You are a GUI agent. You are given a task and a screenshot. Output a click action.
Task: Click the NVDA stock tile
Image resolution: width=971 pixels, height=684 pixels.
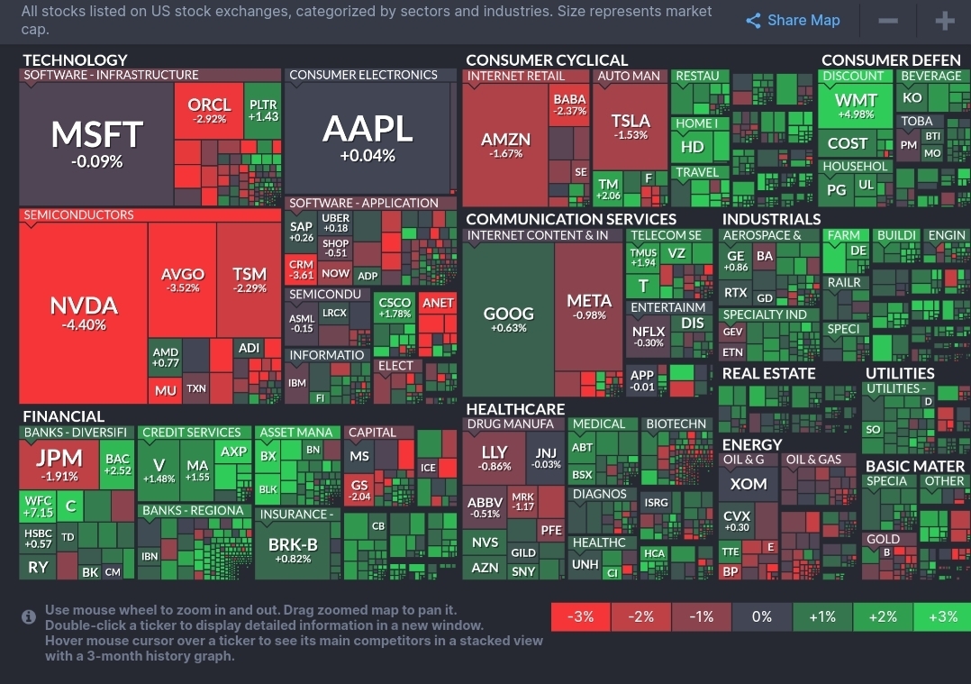click(x=83, y=311)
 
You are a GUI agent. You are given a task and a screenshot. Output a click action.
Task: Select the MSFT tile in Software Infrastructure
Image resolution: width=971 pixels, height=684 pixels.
click(x=96, y=142)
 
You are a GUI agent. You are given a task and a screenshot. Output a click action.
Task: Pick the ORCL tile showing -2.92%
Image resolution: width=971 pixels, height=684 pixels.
click(x=209, y=110)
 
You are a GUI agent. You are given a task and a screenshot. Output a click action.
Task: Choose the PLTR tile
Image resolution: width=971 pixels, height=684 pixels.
click(x=263, y=110)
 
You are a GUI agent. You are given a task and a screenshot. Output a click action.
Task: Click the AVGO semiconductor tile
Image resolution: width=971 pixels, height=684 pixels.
click(x=182, y=279)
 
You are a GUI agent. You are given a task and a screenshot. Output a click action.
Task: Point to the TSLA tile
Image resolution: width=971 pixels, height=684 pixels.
click(x=631, y=125)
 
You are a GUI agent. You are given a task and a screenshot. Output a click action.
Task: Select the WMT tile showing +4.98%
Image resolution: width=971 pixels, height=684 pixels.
click(x=856, y=106)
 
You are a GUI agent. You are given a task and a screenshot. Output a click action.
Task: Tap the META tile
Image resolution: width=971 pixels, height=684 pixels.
click(x=589, y=306)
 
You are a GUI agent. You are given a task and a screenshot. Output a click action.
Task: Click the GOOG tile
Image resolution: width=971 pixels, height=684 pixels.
click(x=509, y=319)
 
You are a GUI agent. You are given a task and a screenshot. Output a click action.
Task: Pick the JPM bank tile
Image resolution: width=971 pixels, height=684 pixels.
click(x=58, y=463)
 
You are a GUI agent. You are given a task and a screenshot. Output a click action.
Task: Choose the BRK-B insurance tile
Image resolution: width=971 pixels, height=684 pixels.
click(x=293, y=550)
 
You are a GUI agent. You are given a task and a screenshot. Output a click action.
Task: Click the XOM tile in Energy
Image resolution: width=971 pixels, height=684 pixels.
click(x=749, y=484)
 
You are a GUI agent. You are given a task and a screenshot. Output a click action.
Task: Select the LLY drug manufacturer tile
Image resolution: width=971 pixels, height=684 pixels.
click(x=495, y=457)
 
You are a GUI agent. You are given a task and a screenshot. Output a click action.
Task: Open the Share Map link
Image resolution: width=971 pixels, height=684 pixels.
click(x=793, y=20)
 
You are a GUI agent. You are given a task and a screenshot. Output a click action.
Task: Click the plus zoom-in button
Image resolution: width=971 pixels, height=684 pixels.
click(x=944, y=20)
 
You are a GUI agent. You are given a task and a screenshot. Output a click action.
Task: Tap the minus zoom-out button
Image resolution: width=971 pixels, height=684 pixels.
click(x=887, y=20)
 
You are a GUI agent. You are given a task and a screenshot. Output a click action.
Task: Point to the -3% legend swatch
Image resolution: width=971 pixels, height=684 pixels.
click(x=580, y=617)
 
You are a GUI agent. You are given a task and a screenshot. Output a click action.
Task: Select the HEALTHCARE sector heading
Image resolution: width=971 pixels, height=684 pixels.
click(x=515, y=409)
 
